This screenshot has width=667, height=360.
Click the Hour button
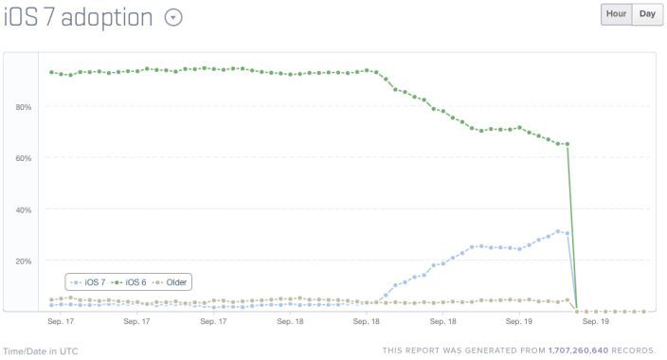pos(616,14)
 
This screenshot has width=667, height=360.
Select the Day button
pos(647,14)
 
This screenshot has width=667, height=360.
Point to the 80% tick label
pos(23,107)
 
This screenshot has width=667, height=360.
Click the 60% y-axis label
pos(23,158)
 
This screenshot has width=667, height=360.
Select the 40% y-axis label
pos(23,209)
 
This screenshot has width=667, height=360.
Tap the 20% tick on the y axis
pos(23,261)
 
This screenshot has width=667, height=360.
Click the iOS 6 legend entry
pos(131,282)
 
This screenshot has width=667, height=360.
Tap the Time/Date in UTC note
pos(40,351)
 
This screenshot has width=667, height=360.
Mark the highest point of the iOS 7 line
pos(558,230)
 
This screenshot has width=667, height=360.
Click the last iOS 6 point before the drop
pos(567,144)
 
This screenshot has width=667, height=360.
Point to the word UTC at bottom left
pos(68,351)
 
